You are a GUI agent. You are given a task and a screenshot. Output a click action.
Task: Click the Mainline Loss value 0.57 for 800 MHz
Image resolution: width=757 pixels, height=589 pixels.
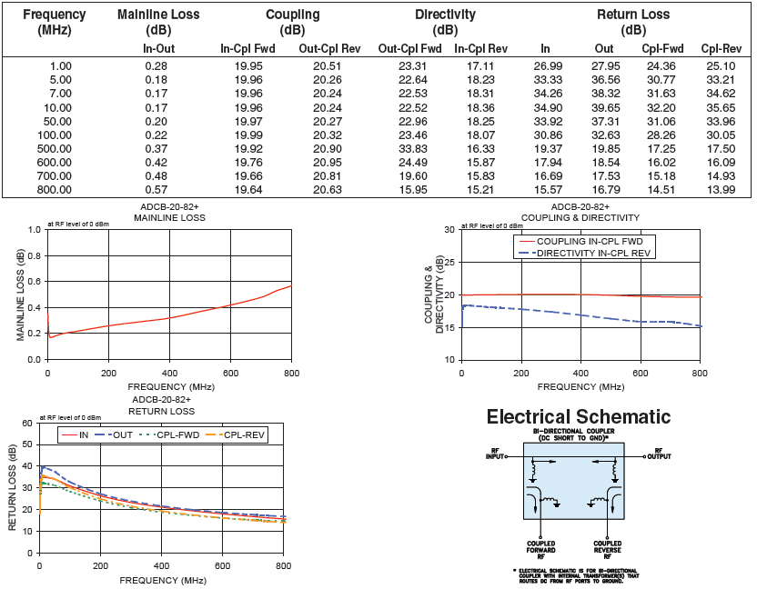(159, 189)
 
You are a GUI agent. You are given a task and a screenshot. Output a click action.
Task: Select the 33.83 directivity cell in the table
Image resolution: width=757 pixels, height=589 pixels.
(409, 148)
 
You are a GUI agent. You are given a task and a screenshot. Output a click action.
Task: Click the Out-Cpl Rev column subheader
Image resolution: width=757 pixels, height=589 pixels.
(332, 48)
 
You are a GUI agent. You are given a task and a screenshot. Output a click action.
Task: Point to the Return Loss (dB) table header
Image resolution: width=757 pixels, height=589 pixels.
(633, 22)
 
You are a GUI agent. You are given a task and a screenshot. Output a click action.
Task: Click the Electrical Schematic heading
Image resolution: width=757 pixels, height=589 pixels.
(578, 417)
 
